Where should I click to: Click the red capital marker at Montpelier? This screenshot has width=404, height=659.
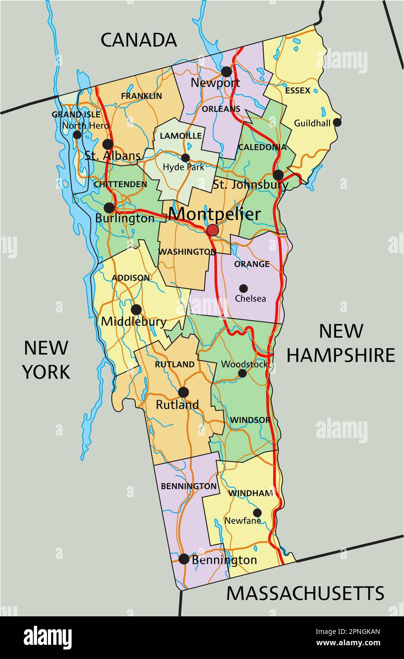[x=212, y=230]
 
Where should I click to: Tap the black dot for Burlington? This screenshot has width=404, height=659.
[x=109, y=208]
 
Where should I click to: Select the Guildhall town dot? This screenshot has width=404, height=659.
[x=337, y=122]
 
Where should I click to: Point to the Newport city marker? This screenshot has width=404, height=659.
[x=227, y=72]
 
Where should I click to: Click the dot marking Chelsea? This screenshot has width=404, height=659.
[x=243, y=288]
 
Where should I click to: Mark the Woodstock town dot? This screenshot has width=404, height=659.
[x=242, y=373]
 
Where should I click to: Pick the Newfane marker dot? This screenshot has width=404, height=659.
[x=257, y=513]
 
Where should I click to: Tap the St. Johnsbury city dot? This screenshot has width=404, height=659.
[x=278, y=175]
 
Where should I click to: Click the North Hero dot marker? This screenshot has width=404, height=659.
[x=77, y=135]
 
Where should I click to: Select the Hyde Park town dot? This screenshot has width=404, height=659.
[x=185, y=158]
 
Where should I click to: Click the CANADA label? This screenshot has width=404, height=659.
[x=138, y=40]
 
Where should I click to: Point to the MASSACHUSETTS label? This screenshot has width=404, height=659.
[x=305, y=593]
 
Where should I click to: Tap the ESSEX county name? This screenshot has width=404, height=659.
[x=298, y=90]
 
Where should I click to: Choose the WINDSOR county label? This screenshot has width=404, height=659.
[x=250, y=420]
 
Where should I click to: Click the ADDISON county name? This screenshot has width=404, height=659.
[x=131, y=278]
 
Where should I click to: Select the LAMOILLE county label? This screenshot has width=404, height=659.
[x=181, y=136]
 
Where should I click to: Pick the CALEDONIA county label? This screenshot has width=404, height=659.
[x=262, y=147]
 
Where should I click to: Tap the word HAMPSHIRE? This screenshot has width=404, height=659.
[x=340, y=355]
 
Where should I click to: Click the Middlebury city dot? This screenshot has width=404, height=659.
[x=136, y=310]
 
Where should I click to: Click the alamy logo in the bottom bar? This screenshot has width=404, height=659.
[x=48, y=638]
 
